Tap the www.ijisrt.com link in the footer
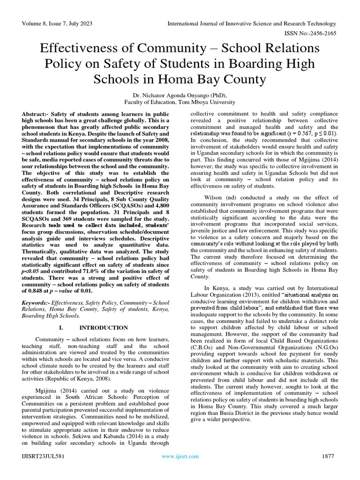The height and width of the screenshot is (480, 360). (x=180, y=456)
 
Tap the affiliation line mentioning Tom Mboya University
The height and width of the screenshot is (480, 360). (x=180, y=101)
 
